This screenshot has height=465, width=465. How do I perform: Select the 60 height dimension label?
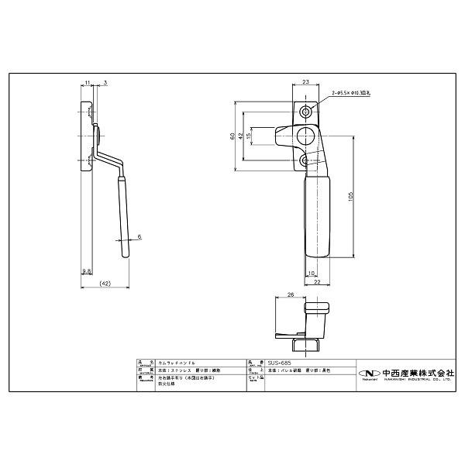click(232, 136)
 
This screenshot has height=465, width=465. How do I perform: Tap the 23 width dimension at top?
click(305, 81)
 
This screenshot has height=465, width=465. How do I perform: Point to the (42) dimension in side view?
click(106, 284)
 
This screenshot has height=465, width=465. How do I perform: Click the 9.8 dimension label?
click(85, 271)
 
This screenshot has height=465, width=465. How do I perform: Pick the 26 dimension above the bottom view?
click(290, 295)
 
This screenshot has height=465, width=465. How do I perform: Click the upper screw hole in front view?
click(308, 112)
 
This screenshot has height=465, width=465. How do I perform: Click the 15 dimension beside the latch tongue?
click(249, 136)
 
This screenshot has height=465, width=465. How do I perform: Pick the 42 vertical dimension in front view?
click(240, 136)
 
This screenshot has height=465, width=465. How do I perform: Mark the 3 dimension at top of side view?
click(105, 81)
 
